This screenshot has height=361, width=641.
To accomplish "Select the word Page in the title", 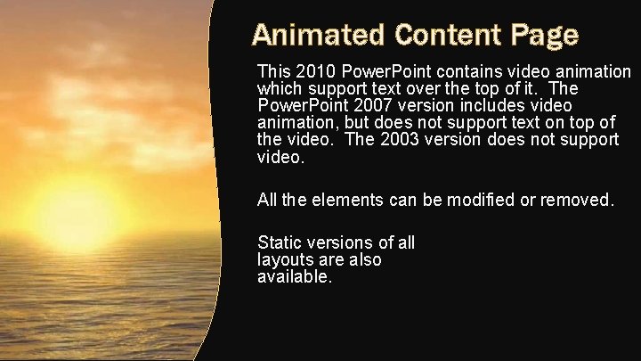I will (545, 36).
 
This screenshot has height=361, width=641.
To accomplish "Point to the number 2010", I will (312, 71).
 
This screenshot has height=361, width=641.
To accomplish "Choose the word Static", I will (278, 242).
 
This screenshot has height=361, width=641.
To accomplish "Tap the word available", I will (294, 277).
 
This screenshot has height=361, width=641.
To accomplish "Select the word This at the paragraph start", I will (273, 71).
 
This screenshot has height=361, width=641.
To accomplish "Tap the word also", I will (364, 260).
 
